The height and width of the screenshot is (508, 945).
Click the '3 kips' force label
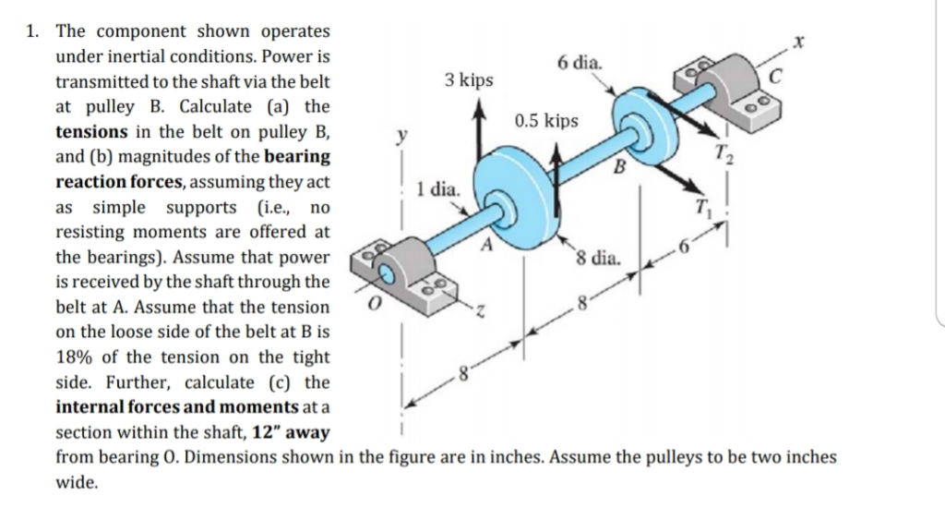click(469, 80)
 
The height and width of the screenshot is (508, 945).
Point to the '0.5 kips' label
click(546, 122)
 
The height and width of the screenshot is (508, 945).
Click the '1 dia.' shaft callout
click(437, 190)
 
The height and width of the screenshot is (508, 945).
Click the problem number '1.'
click(32, 31)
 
